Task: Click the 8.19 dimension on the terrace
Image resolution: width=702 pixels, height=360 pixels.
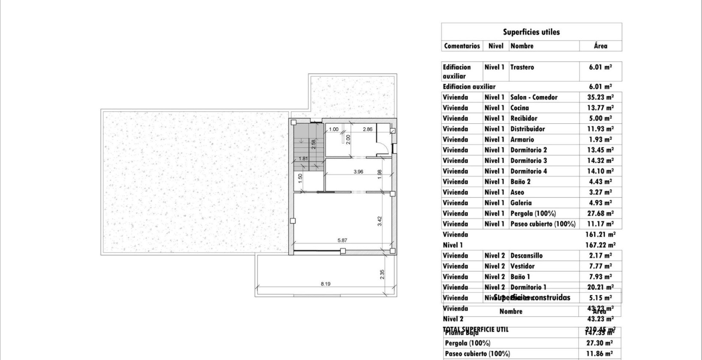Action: [325, 284]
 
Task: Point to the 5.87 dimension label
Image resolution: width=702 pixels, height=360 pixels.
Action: [342, 240]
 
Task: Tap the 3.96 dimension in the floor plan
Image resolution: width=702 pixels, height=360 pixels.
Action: [358, 171]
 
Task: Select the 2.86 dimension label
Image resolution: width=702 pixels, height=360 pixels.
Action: [368, 129]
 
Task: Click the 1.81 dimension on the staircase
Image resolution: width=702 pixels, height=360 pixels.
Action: [303, 159]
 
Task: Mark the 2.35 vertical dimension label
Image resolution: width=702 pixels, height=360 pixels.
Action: [382, 274]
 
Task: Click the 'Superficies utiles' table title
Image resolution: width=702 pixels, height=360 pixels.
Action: [531, 32]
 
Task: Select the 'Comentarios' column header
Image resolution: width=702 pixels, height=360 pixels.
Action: [462, 46]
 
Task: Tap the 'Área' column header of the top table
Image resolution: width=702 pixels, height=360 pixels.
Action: [600, 46]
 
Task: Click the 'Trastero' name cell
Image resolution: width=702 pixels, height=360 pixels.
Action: [522, 67]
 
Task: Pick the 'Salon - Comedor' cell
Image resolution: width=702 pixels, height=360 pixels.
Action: [534, 97]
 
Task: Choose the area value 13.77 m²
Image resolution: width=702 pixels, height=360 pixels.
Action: [600, 108]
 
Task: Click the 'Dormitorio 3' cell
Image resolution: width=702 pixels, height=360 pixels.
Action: [528, 161]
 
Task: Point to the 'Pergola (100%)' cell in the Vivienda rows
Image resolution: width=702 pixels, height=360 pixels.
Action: [533, 213]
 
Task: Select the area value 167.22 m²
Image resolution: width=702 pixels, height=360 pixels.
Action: [600, 245]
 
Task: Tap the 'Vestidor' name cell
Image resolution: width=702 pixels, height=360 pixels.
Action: [522, 266]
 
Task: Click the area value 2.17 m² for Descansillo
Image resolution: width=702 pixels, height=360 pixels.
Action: [600, 256]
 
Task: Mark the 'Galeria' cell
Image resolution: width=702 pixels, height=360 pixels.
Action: [521, 203]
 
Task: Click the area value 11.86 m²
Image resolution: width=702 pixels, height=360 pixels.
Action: [599, 354]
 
